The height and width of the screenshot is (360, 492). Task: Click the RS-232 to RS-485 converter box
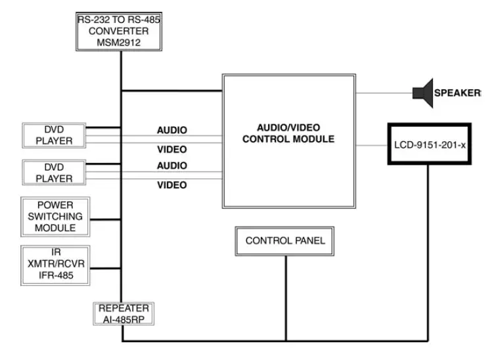tap(120, 31)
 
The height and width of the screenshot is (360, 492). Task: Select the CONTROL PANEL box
tap(285, 241)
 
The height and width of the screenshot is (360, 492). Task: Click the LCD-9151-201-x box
tap(430, 144)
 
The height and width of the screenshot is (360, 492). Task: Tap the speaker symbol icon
tap(422, 93)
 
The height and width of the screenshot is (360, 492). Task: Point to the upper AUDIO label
tap(171, 130)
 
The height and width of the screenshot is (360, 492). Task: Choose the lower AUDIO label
tap(171, 166)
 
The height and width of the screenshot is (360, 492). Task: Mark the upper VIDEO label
tap(171, 149)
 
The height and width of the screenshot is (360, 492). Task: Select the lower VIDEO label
tap(171, 185)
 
